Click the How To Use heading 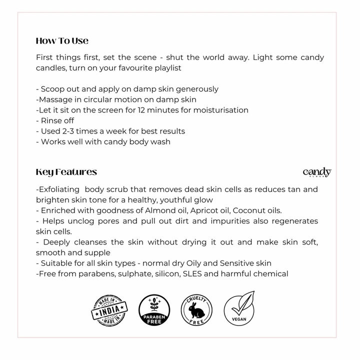point(62,40)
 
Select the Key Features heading point(66,172)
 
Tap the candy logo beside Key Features point(316,172)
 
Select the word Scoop point(52,89)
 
